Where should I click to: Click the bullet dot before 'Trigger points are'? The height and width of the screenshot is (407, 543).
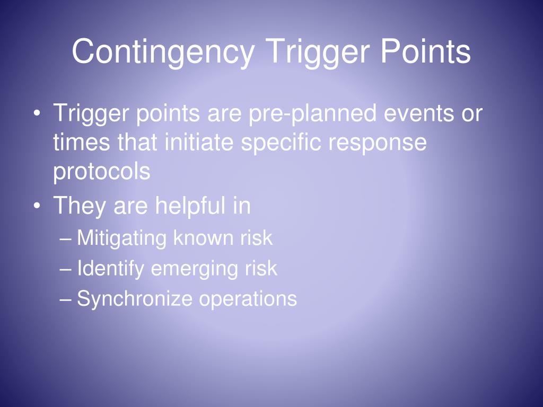coord(37,114)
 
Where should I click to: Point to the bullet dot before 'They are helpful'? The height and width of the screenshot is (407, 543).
coord(37,206)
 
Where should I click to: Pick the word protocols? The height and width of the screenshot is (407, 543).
coord(101,172)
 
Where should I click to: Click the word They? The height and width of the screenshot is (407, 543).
coord(79,205)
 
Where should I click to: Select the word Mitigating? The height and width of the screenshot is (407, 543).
coord(121,238)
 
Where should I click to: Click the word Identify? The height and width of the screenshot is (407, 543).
coord(110,269)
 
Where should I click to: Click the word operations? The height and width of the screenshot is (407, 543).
coord(248,299)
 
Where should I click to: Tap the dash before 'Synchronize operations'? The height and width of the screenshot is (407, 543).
coord(66,299)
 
